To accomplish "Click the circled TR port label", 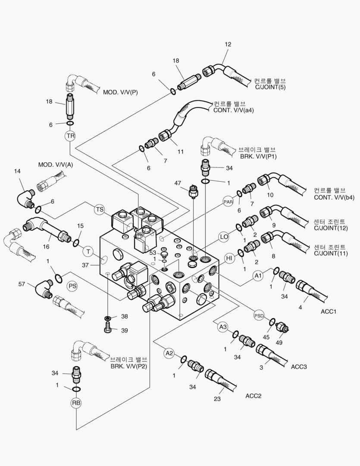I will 70,136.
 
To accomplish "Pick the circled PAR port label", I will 228,201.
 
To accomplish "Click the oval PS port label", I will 73,285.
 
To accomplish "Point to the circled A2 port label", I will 169,353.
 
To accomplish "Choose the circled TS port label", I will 100,210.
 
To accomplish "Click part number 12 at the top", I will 228,44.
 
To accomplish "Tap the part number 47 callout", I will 177,183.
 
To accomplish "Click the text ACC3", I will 299,367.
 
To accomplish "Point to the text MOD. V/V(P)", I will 120,92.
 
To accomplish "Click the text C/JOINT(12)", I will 331,228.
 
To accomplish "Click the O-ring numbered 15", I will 76,243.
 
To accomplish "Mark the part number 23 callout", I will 217,399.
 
